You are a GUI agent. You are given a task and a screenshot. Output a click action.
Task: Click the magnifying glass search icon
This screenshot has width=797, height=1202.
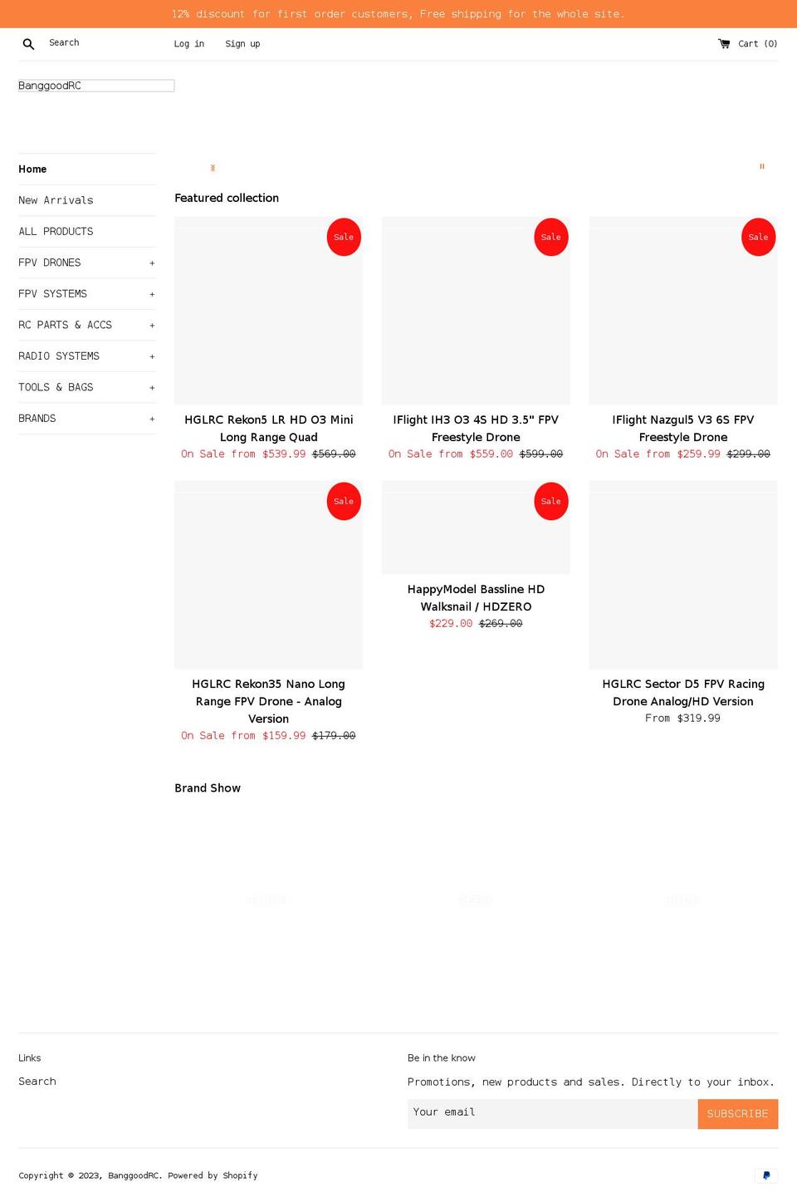[x=28, y=44]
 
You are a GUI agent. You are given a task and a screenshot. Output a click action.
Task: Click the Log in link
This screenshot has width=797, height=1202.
[x=188, y=44]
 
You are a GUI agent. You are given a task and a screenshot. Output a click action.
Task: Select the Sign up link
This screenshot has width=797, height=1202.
[x=242, y=44]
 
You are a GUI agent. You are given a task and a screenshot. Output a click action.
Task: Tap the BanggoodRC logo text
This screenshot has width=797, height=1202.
[x=50, y=86]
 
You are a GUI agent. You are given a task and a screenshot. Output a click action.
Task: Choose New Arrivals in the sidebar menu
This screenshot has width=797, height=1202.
[x=56, y=200]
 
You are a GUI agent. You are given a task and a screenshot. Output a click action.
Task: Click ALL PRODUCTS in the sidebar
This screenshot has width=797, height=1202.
[x=56, y=232]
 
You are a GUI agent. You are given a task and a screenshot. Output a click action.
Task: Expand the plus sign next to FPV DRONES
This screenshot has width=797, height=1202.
[x=152, y=263]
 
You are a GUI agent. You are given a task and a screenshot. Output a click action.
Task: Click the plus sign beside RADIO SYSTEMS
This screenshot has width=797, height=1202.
[x=152, y=356]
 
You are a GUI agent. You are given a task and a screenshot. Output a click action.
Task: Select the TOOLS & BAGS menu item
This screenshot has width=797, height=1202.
[x=56, y=387]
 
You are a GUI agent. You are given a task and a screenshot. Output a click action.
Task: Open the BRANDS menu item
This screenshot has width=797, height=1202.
[x=37, y=419]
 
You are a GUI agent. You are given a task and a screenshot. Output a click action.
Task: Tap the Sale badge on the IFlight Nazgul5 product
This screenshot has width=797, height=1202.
[x=758, y=237]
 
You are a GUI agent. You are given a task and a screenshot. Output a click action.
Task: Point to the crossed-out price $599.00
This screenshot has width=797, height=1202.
[x=541, y=454]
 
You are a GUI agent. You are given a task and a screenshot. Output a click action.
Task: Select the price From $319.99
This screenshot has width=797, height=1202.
[x=682, y=719]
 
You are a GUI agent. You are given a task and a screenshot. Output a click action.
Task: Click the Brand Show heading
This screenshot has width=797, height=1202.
[x=208, y=788]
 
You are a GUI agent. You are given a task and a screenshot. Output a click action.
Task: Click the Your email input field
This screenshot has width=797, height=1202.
[x=552, y=1113]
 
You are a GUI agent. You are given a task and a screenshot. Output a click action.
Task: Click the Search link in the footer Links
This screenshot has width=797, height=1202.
[x=37, y=1082]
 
